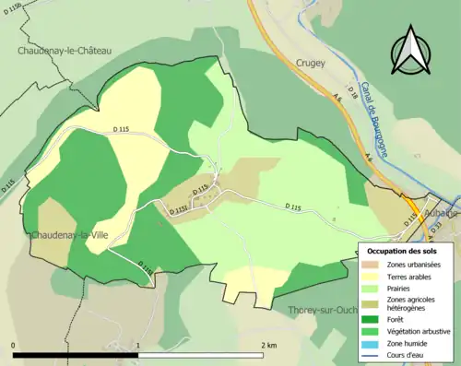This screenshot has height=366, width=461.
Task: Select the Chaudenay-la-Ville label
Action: pyautogui.click(x=71, y=237)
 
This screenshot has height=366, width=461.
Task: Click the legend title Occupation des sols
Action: pyautogui.click(x=403, y=251)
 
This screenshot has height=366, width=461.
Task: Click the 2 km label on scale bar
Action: pyautogui.click(x=267, y=345)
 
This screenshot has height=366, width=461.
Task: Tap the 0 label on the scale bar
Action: pyautogui.click(x=14, y=345)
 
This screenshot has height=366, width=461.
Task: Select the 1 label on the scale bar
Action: pyautogui.click(x=139, y=345)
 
